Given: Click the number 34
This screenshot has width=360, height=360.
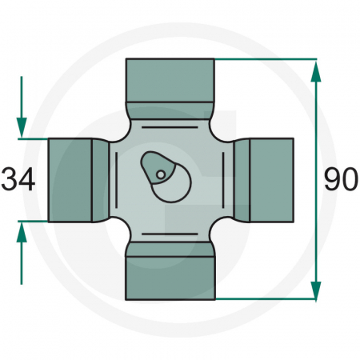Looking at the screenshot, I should pyautogui.click(x=19, y=179).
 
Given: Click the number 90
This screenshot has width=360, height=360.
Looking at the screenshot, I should pyautogui.click(x=340, y=179).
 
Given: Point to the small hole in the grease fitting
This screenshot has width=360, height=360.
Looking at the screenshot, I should pyautogui.click(x=161, y=174).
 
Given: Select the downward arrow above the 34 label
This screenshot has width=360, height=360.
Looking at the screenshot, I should pyautogui.click(x=22, y=124).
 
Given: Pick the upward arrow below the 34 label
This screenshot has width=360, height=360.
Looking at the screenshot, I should pyautogui.click(x=22, y=234).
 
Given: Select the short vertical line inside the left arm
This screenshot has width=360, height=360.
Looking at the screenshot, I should pyautogui.click(x=118, y=179).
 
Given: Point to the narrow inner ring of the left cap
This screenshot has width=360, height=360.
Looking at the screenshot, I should pyautogui.click(x=100, y=179).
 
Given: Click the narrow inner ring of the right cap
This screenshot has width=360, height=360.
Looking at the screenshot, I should pyautogui.click(x=243, y=179).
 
